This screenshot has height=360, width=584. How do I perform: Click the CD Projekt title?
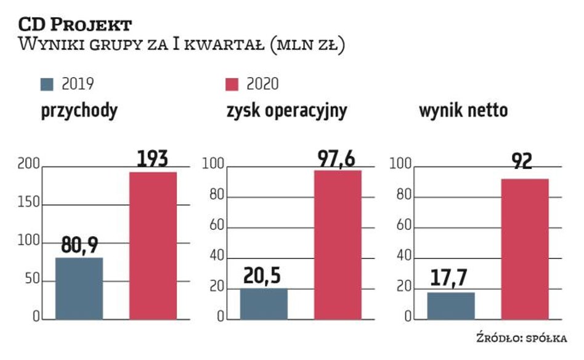pos(75,25)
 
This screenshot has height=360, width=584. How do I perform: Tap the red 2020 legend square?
pos(233,84)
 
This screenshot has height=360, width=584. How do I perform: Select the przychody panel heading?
pos(79,112)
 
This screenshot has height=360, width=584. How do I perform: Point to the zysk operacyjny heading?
pos(286,112)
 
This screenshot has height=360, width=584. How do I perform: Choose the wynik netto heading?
pos(464,112)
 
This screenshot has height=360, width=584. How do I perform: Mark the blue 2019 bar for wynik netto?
pos(451,306)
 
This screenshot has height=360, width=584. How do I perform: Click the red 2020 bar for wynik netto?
pos(525,249)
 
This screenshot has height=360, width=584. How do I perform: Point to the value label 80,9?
pos(79,247)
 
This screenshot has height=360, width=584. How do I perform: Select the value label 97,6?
pos(338,159)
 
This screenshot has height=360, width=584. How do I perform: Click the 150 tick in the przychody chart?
pos(31,204)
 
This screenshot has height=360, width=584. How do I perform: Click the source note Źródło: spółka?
pos(521,338)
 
